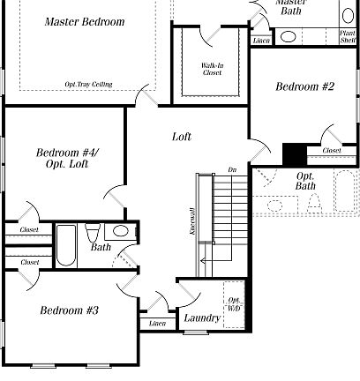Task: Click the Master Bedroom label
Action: (x=85, y=21)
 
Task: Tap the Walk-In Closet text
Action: (x=212, y=69)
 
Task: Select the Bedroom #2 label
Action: (x=305, y=86)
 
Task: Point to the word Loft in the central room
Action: (x=182, y=137)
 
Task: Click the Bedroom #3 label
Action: (x=69, y=310)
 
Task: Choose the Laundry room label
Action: (x=202, y=317)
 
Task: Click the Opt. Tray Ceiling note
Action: (x=88, y=85)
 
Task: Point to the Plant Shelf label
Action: (x=348, y=36)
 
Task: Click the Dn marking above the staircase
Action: (x=232, y=168)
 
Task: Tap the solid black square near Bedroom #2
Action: (x=293, y=153)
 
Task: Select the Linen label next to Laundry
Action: (x=157, y=324)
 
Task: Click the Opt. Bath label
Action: (x=305, y=181)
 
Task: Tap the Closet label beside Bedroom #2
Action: (x=332, y=151)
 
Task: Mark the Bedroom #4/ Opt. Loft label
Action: (x=67, y=159)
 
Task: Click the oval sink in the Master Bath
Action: (x=289, y=38)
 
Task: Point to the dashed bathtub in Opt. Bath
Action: (x=344, y=191)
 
